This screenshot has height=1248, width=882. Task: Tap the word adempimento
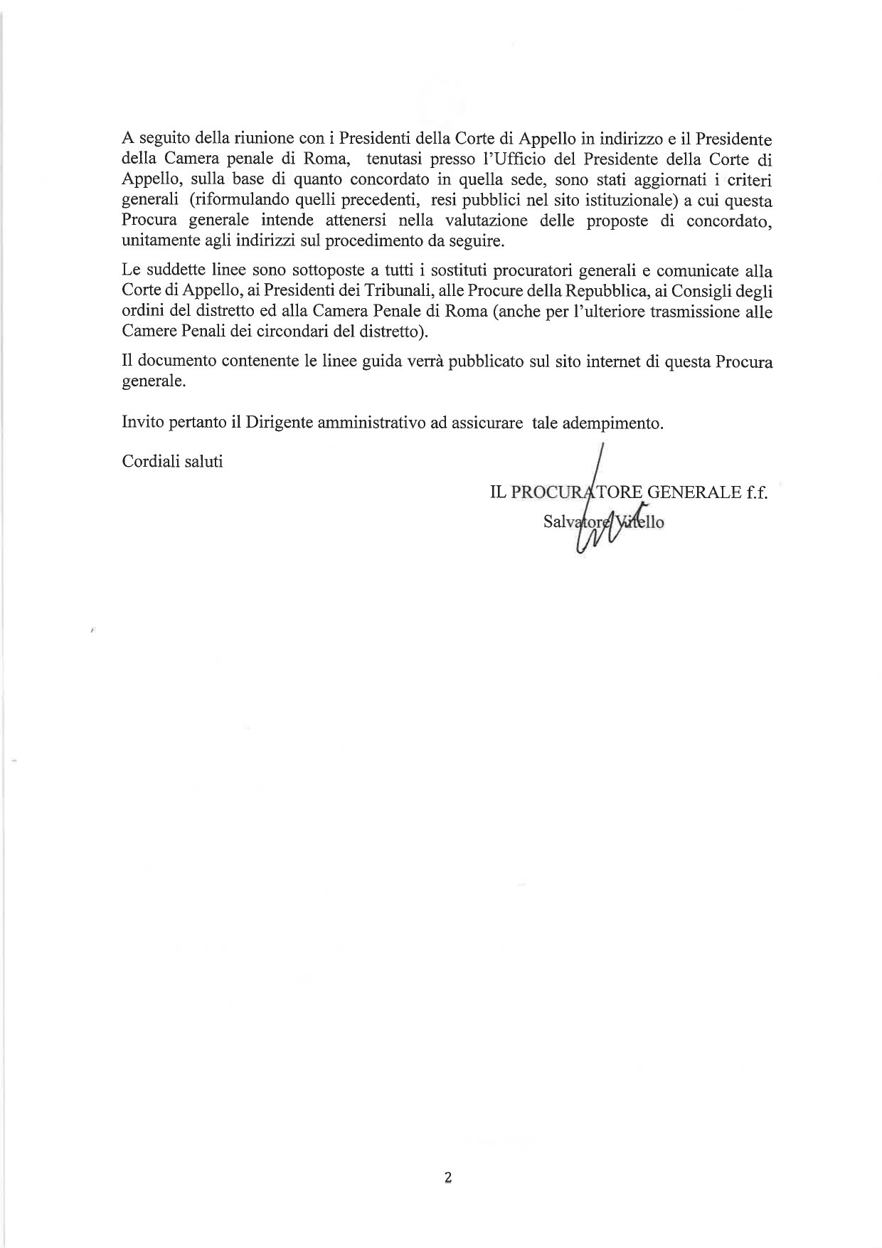point(612,423)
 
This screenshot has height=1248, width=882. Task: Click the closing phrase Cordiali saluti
point(173,462)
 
